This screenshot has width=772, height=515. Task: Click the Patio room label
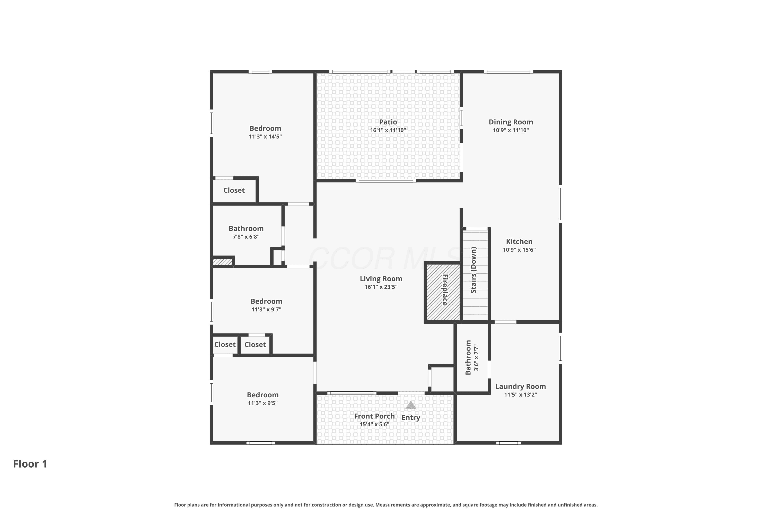pyautogui.click(x=388, y=122)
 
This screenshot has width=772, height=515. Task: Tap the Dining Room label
pyautogui.click(x=511, y=122)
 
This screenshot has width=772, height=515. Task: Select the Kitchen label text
pyautogui.click(x=519, y=242)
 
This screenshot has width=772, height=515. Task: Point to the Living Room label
pyautogui.click(x=381, y=279)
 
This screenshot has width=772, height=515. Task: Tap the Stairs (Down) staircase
pyautogui.click(x=475, y=274)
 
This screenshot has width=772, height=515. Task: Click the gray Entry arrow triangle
pyautogui.click(x=411, y=405)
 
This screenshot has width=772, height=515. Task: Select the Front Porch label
pyautogui.click(x=374, y=416)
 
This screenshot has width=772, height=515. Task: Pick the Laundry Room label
pyautogui.click(x=521, y=387)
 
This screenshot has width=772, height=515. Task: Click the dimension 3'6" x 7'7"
pyautogui.click(x=477, y=358)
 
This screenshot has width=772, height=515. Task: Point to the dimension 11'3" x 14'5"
pyautogui.click(x=265, y=137)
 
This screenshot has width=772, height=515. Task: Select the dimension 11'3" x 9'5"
pyautogui.click(x=262, y=403)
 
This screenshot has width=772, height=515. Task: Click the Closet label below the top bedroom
pyautogui.click(x=234, y=191)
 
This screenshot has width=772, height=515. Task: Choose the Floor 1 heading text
pyautogui.click(x=30, y=464)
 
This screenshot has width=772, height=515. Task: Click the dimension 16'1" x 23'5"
pyautogui.click(x=381, y=287)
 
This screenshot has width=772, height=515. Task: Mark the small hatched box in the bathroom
pyautogui.click(x=223, y=262)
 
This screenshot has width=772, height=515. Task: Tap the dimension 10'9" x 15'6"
pyautogui.click(x=519, y=250)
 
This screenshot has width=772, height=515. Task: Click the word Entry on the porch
pyautogui.click(x=411, y=417)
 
